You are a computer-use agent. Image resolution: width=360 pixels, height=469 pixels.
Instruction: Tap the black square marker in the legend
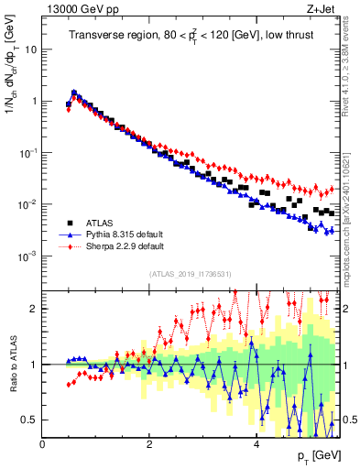coord(70,223)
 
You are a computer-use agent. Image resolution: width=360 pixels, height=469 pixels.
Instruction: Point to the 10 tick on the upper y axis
coord(32,49)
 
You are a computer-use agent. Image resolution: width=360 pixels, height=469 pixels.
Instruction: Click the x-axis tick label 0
coord(43,443)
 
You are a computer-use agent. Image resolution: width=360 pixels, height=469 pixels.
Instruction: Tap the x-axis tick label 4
coord(256,443)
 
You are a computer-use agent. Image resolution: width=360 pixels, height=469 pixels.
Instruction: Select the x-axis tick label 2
coord(149,443)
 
